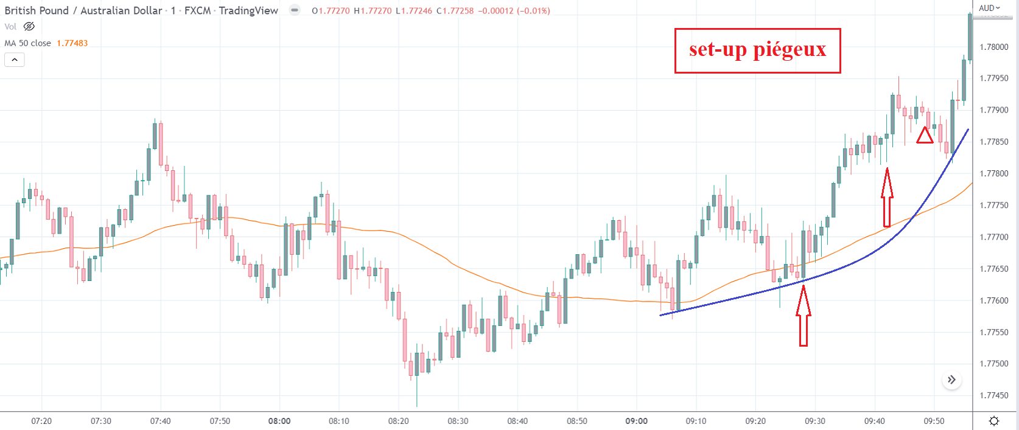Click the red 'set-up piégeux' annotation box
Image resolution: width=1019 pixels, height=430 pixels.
coord(757,50)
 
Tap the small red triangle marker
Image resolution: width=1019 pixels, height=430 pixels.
coord(925,136)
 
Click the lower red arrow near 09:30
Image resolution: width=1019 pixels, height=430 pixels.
coord(804,316)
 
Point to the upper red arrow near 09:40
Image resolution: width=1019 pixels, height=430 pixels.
coord(887,197)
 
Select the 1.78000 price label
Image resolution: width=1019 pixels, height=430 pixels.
coord(993,47)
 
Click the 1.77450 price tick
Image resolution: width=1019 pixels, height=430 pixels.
coord(993,395)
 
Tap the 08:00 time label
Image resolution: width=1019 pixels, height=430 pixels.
coord(279,421)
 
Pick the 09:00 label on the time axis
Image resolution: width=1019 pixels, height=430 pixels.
coord(636,421)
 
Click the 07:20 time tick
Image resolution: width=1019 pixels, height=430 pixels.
coord(41,421)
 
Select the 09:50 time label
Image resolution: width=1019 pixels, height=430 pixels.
coord(934,421)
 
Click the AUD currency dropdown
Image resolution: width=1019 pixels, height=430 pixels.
coord(989,8)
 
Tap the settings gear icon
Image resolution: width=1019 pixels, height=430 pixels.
coord(994,421)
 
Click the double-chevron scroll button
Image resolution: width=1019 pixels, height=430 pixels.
coord(951,380)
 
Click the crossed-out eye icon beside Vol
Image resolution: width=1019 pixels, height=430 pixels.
coord(29,27)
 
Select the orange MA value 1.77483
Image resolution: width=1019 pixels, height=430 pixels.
coord(72,43)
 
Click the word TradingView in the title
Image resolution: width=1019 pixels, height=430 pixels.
coord(248,10)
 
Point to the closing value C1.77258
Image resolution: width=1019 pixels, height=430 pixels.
coord(455,11)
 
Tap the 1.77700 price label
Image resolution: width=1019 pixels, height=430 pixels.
coord(993,237)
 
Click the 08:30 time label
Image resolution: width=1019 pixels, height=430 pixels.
coord(458,421)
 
